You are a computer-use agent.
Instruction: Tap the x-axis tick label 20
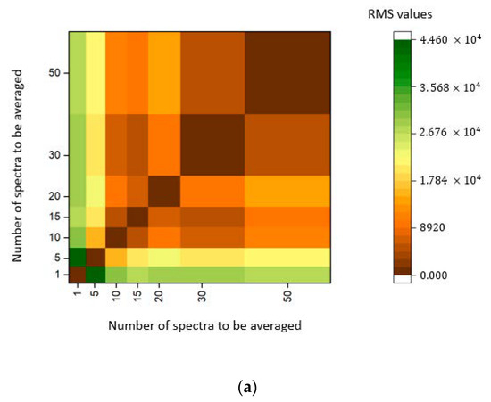[x=162, y=299]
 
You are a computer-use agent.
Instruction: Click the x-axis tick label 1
[x=77, y=296]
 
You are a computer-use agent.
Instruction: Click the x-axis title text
[x=204, y=325]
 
